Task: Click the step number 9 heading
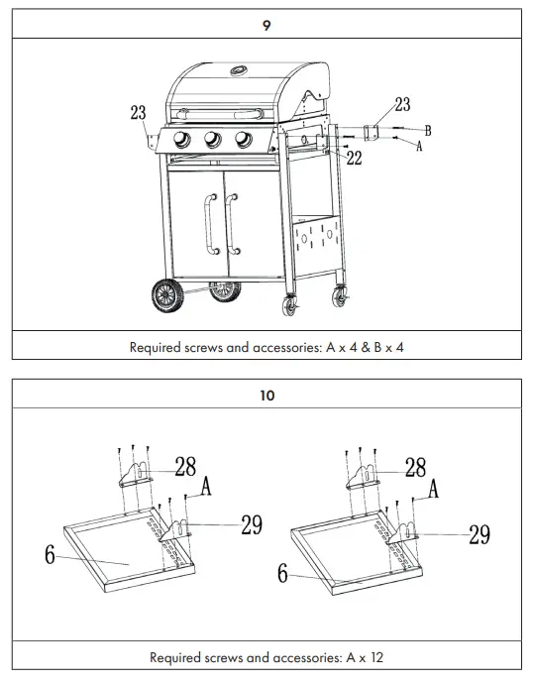[266, 26]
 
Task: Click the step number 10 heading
[266, 395]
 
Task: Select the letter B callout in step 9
[427, 130]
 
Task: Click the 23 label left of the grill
[138, 113]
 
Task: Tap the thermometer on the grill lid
[239, 70]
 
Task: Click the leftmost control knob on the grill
[182, 140]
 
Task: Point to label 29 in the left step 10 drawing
[252, 525]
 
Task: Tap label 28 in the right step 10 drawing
[416, 467]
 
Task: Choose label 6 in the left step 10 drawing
[50, 555]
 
